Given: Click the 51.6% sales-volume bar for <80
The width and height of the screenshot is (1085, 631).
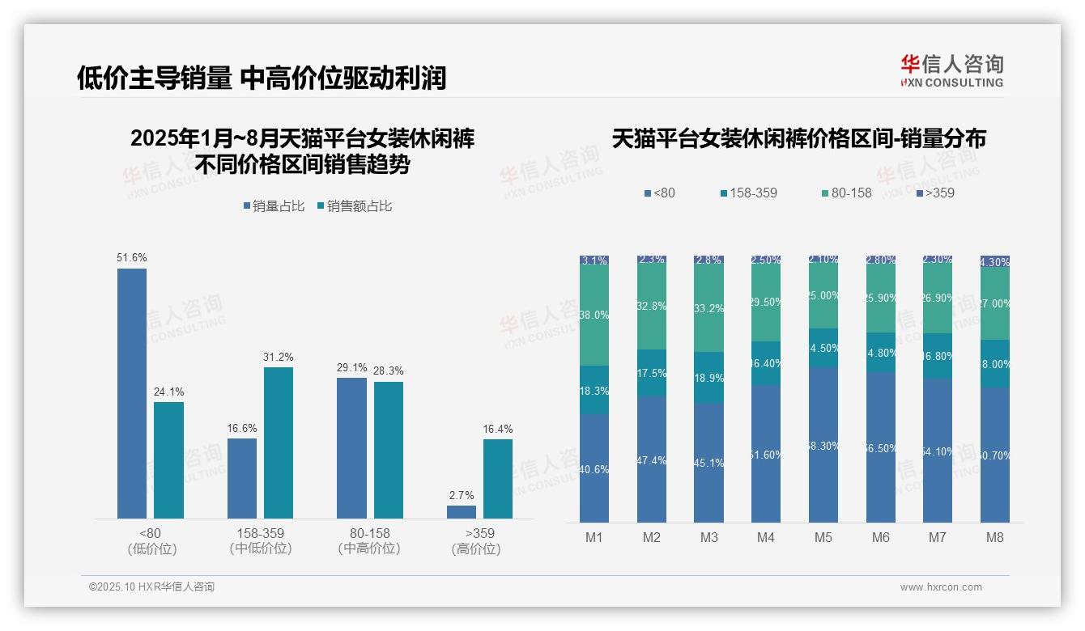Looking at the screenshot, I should pyautogui.click(x=132, y=393).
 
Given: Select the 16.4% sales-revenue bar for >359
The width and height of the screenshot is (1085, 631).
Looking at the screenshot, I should pyautogui.click(x=497, y=478).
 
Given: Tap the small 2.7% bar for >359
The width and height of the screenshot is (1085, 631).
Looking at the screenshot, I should pyautogui.click(x=461, y=512).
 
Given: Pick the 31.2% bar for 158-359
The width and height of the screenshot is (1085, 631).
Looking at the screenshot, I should pyautogui.click(x=278, y=443).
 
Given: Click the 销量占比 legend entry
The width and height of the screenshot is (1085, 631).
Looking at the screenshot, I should pyautogui.click(x=274, y=206).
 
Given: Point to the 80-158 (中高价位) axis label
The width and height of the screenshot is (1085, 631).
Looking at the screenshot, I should pyautogui.click(x=369, y=540).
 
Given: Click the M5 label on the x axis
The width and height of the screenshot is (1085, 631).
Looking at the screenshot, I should pyautogui.click(x=823, y=537).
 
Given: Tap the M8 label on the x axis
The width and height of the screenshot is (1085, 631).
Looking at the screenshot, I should pyautogui.click(x=995, y=537).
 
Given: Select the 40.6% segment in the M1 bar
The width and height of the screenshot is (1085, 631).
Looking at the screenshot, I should pyautogui.click(x=594, y=468).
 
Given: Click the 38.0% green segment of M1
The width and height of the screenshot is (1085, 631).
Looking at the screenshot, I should pyautogui.click(x=594, y=315).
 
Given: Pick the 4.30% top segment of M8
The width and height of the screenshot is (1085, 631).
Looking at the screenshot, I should pyautogui.click(x=995, y=261).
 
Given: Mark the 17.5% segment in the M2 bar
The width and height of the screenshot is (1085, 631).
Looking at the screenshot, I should pyautogui.click(x=652, y=373).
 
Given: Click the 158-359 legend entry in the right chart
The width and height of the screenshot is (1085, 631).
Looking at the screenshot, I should pyautogui.click(x=748, y=193).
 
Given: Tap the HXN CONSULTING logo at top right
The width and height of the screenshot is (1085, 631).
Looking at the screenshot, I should pyautogui.click(x=951, y=71).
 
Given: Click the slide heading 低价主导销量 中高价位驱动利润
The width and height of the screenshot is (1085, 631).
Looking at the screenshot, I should pyautogui.click(x=262, y=78).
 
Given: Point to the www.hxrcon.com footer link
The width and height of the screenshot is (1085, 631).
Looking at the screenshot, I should pyautogui.click(x=941, y=587).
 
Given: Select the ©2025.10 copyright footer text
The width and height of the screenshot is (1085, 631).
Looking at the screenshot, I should pyautogui.click(x=151, y=587).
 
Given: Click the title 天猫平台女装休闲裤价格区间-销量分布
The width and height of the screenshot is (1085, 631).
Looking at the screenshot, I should pyautogui.click(x=798, y=138).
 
